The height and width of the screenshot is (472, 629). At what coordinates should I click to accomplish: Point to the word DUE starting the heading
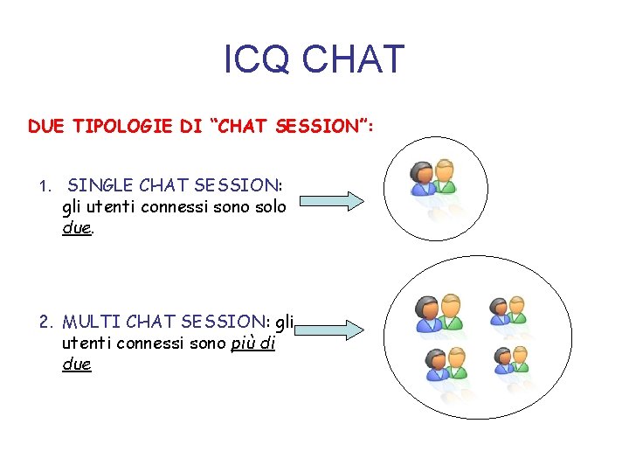click(46, 126)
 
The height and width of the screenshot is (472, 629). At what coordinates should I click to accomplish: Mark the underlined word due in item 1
click(77, 228)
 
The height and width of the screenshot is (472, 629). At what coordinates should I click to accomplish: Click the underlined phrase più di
click(253, 343)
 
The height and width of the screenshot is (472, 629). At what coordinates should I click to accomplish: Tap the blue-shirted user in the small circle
click(424, 178)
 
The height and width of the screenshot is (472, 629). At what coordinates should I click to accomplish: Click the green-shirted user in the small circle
click(445, 177)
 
